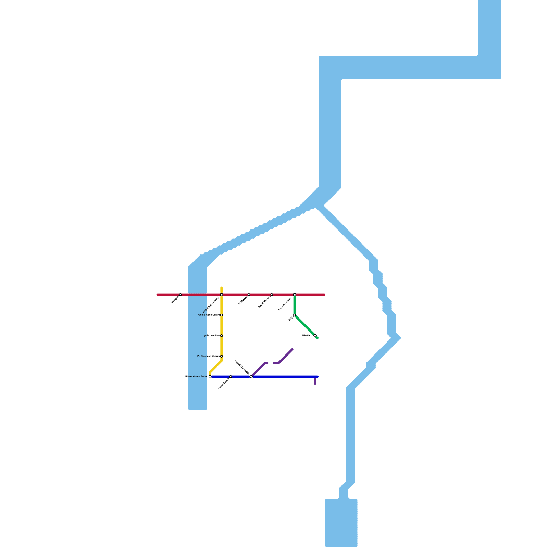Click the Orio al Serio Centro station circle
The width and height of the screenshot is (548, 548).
[222, 315]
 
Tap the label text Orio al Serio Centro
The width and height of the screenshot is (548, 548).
[209, 315]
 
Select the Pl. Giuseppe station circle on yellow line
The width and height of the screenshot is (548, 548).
[222, 356]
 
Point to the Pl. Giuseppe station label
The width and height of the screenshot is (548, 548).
[208, 356]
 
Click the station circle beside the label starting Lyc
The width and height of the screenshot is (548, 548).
[222, 336]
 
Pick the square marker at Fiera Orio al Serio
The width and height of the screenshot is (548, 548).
[210, 377]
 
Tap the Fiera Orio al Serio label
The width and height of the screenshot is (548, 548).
[196, 377]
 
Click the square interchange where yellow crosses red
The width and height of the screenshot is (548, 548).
[222, 295]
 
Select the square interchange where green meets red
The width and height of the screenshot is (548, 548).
[295, 295]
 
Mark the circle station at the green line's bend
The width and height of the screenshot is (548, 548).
[295, 315]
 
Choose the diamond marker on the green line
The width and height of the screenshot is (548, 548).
[315, 336]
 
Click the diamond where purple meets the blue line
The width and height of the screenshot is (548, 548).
[251, 377]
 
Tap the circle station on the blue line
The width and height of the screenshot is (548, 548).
[231, 377]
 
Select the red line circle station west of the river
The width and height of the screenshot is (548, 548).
[180, 295]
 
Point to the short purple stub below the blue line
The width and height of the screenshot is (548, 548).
[315, 382]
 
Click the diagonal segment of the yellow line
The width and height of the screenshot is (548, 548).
[216, 366]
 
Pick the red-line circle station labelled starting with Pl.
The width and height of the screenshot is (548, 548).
[249, 295]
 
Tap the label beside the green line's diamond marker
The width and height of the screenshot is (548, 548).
[307, 336]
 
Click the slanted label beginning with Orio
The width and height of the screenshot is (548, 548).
[211, 305]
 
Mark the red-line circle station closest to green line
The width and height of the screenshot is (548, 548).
[272, 295]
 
